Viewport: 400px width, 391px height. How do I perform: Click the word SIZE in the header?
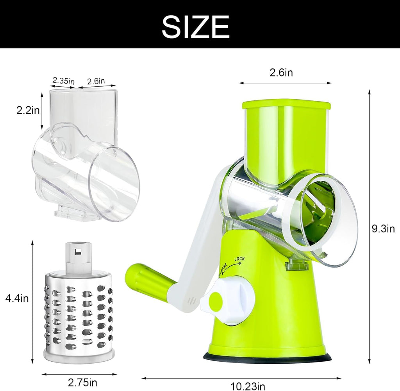[195, 27]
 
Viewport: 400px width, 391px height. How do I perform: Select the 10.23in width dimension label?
[248, 386]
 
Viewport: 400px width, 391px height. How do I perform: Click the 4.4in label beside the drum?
[17, 298]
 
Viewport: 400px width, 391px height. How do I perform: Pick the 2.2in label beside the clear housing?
[28, 111]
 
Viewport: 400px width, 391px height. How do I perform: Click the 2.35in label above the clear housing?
[63, 81]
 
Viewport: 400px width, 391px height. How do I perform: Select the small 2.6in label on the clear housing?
[96, 81]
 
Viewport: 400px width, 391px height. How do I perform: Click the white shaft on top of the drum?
[78, 256]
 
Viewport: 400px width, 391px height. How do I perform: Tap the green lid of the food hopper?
[286, 104]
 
